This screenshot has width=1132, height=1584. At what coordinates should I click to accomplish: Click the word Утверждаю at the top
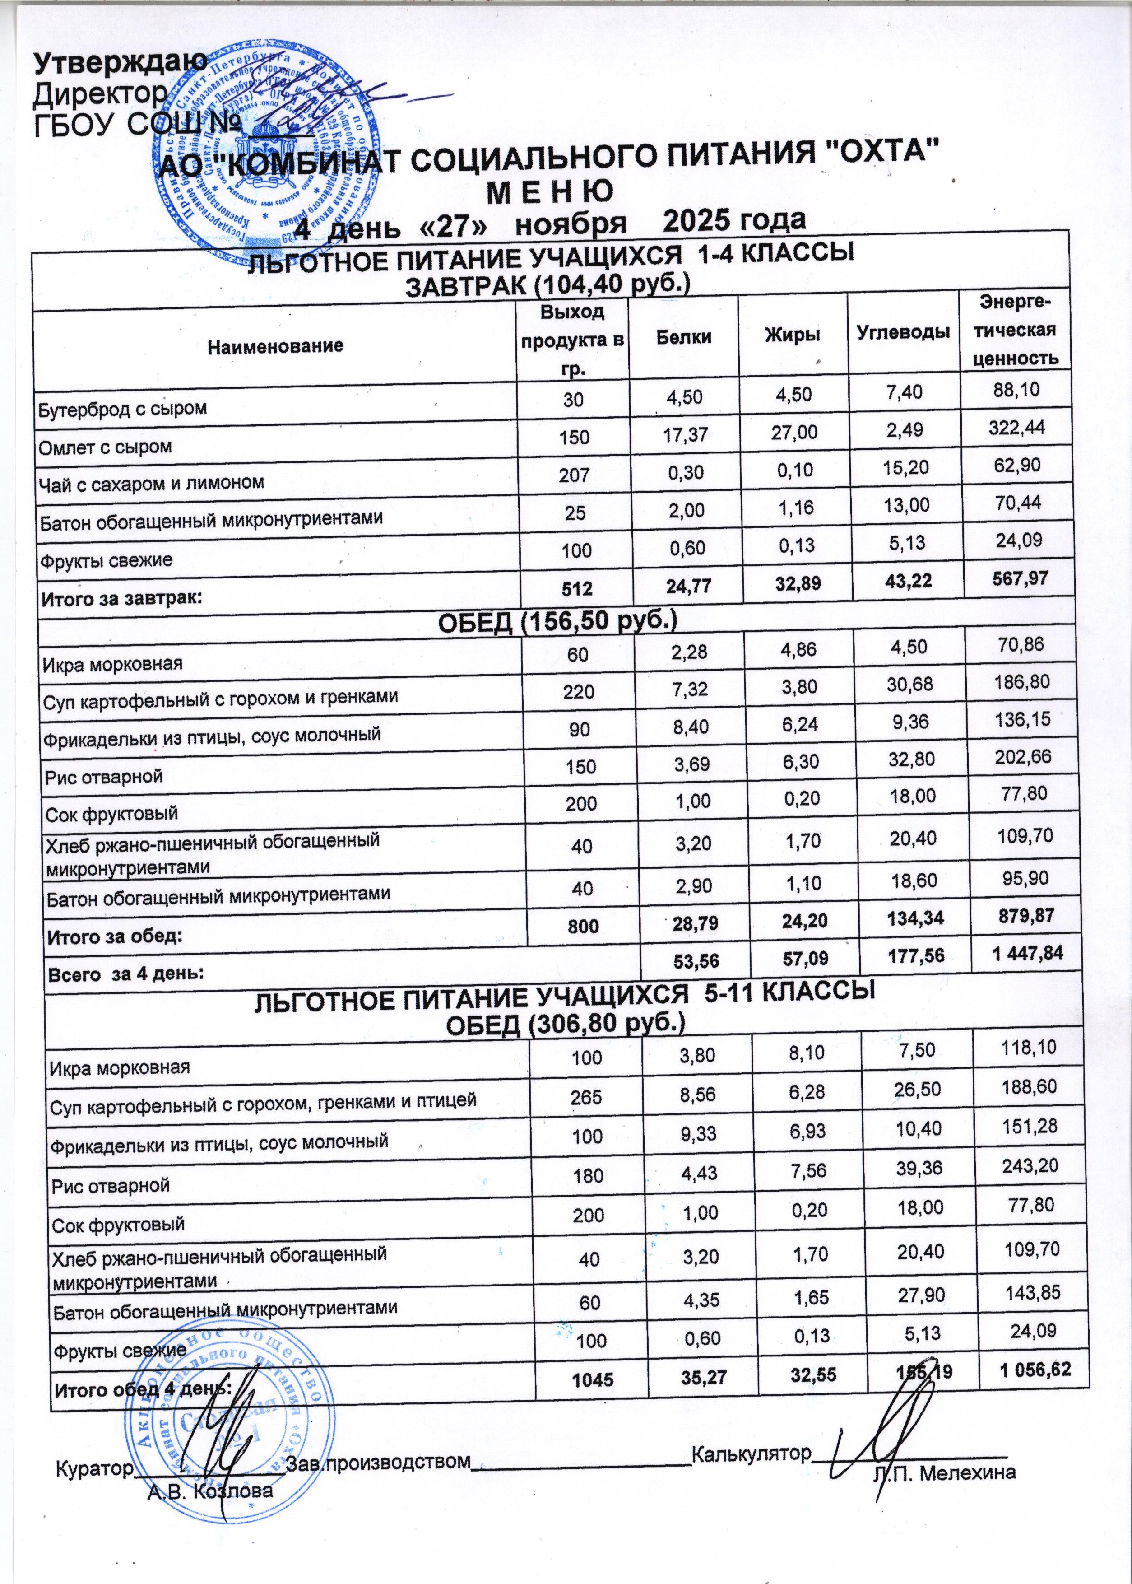120,64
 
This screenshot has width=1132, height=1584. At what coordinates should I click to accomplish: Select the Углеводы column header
903,332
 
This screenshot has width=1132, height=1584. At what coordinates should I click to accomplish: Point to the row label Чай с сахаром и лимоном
151,482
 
